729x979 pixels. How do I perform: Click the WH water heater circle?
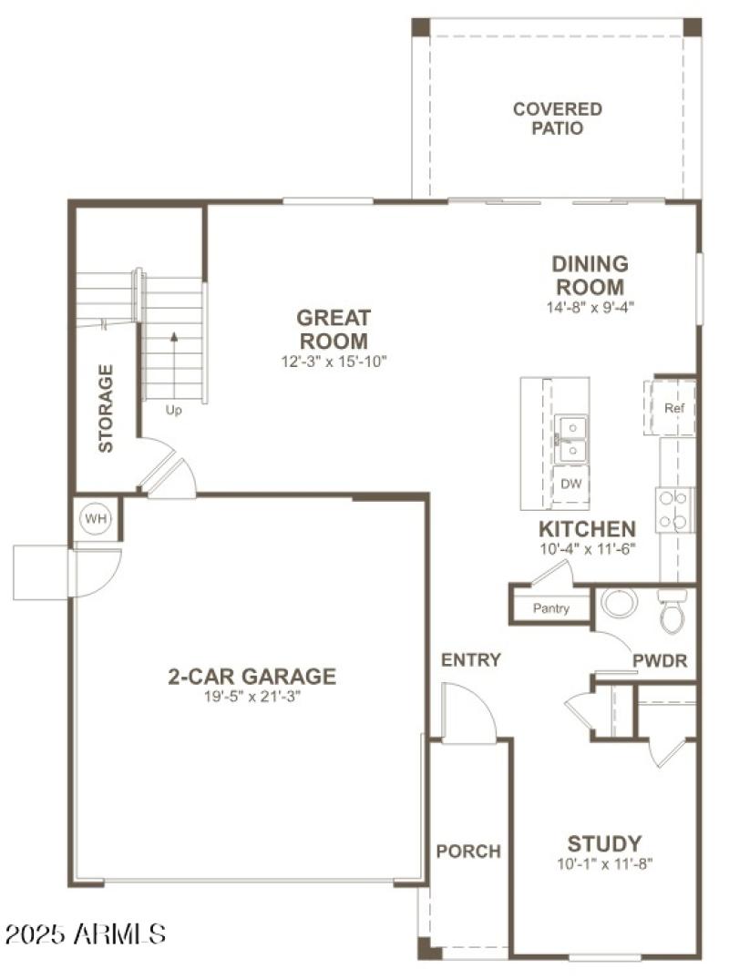96,519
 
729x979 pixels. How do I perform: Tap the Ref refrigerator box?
674,408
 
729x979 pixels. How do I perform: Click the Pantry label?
551,608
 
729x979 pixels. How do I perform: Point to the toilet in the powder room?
672,613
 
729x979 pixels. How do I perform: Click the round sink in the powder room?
621,603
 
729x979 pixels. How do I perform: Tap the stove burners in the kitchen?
675,509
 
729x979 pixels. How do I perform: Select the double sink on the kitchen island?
570,437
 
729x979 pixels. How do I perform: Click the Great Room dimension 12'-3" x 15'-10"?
334,362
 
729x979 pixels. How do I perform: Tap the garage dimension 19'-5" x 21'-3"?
252,697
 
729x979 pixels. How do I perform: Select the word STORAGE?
107,408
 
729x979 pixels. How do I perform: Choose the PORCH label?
468,852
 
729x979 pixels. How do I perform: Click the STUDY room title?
604,843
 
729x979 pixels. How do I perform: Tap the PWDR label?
661,661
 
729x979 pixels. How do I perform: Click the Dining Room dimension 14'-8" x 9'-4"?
590,307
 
